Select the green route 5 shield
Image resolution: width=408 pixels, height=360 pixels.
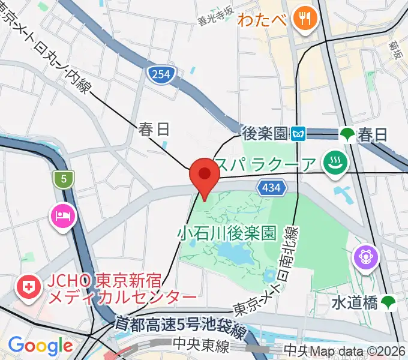tap(62, 178)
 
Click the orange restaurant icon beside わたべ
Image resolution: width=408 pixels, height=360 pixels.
tap(305, 18)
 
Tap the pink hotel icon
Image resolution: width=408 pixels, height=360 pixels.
tap(63, 214)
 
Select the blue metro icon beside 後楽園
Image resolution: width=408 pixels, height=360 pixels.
tap(298, 133)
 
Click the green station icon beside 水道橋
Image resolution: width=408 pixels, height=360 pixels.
tap(388, 303)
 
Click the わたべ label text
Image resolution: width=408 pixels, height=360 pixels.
tap(262, 19)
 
